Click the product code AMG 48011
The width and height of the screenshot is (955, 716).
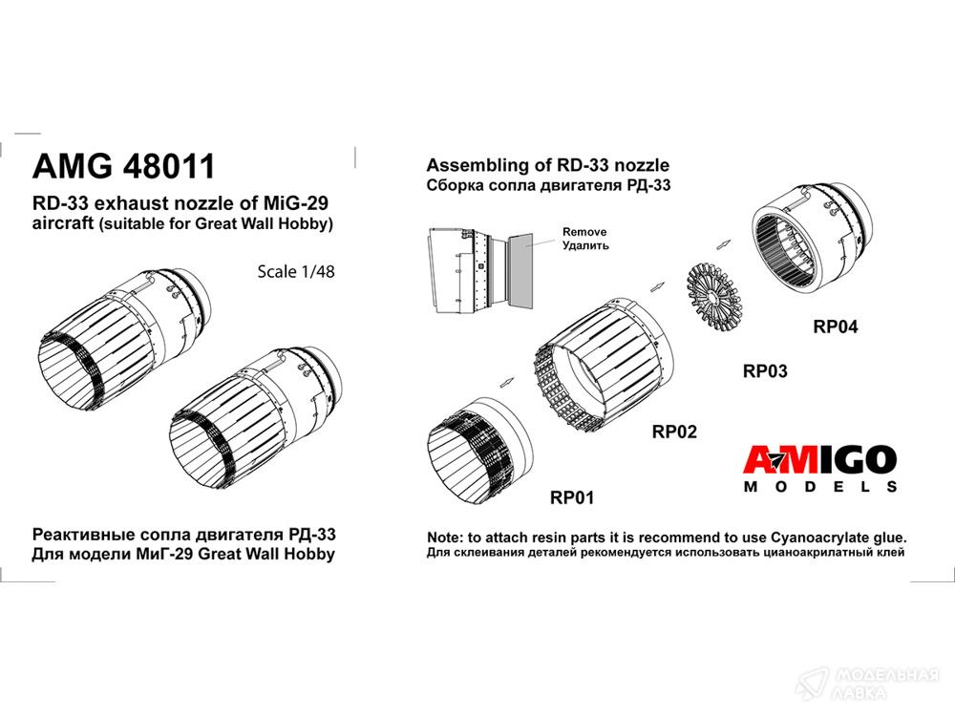point(124,165)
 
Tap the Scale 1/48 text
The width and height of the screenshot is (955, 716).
point(296,271)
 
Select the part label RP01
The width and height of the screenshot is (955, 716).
point(572,497)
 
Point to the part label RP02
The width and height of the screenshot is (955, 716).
point(674,432)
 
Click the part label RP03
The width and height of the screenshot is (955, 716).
point(765,370)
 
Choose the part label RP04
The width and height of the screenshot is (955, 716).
point(836,326)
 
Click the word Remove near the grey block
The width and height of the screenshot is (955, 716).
point(584,232)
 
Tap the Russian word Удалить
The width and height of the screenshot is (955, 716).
point(585,246)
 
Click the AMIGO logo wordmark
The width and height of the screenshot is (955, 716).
point(819,460)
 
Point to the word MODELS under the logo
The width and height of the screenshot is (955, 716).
point(820,487)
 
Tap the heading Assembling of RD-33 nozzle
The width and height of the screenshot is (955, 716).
point(547,165)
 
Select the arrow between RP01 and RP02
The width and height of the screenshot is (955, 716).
point(507,382)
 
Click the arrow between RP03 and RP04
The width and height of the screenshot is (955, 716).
point(724,242)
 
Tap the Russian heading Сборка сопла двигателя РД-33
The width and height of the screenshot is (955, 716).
point(548,185)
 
